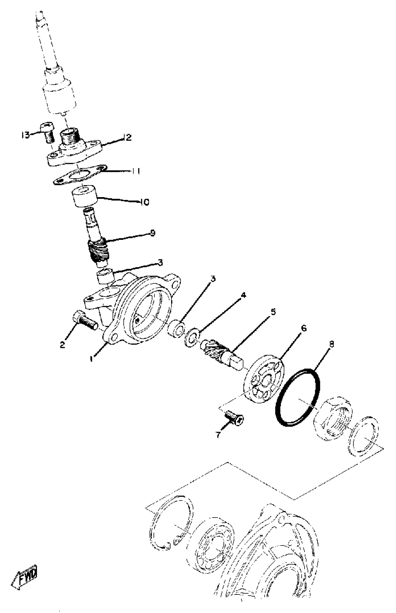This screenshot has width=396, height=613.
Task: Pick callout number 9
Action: coord(153,233)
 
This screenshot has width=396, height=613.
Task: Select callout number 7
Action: coord(218,435)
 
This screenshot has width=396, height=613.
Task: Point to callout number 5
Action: coord(273,312)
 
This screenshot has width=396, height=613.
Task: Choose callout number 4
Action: coord(243,295)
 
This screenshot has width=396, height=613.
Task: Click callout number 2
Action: coord(62,345)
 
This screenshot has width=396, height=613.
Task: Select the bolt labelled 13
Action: coord(48,132)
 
